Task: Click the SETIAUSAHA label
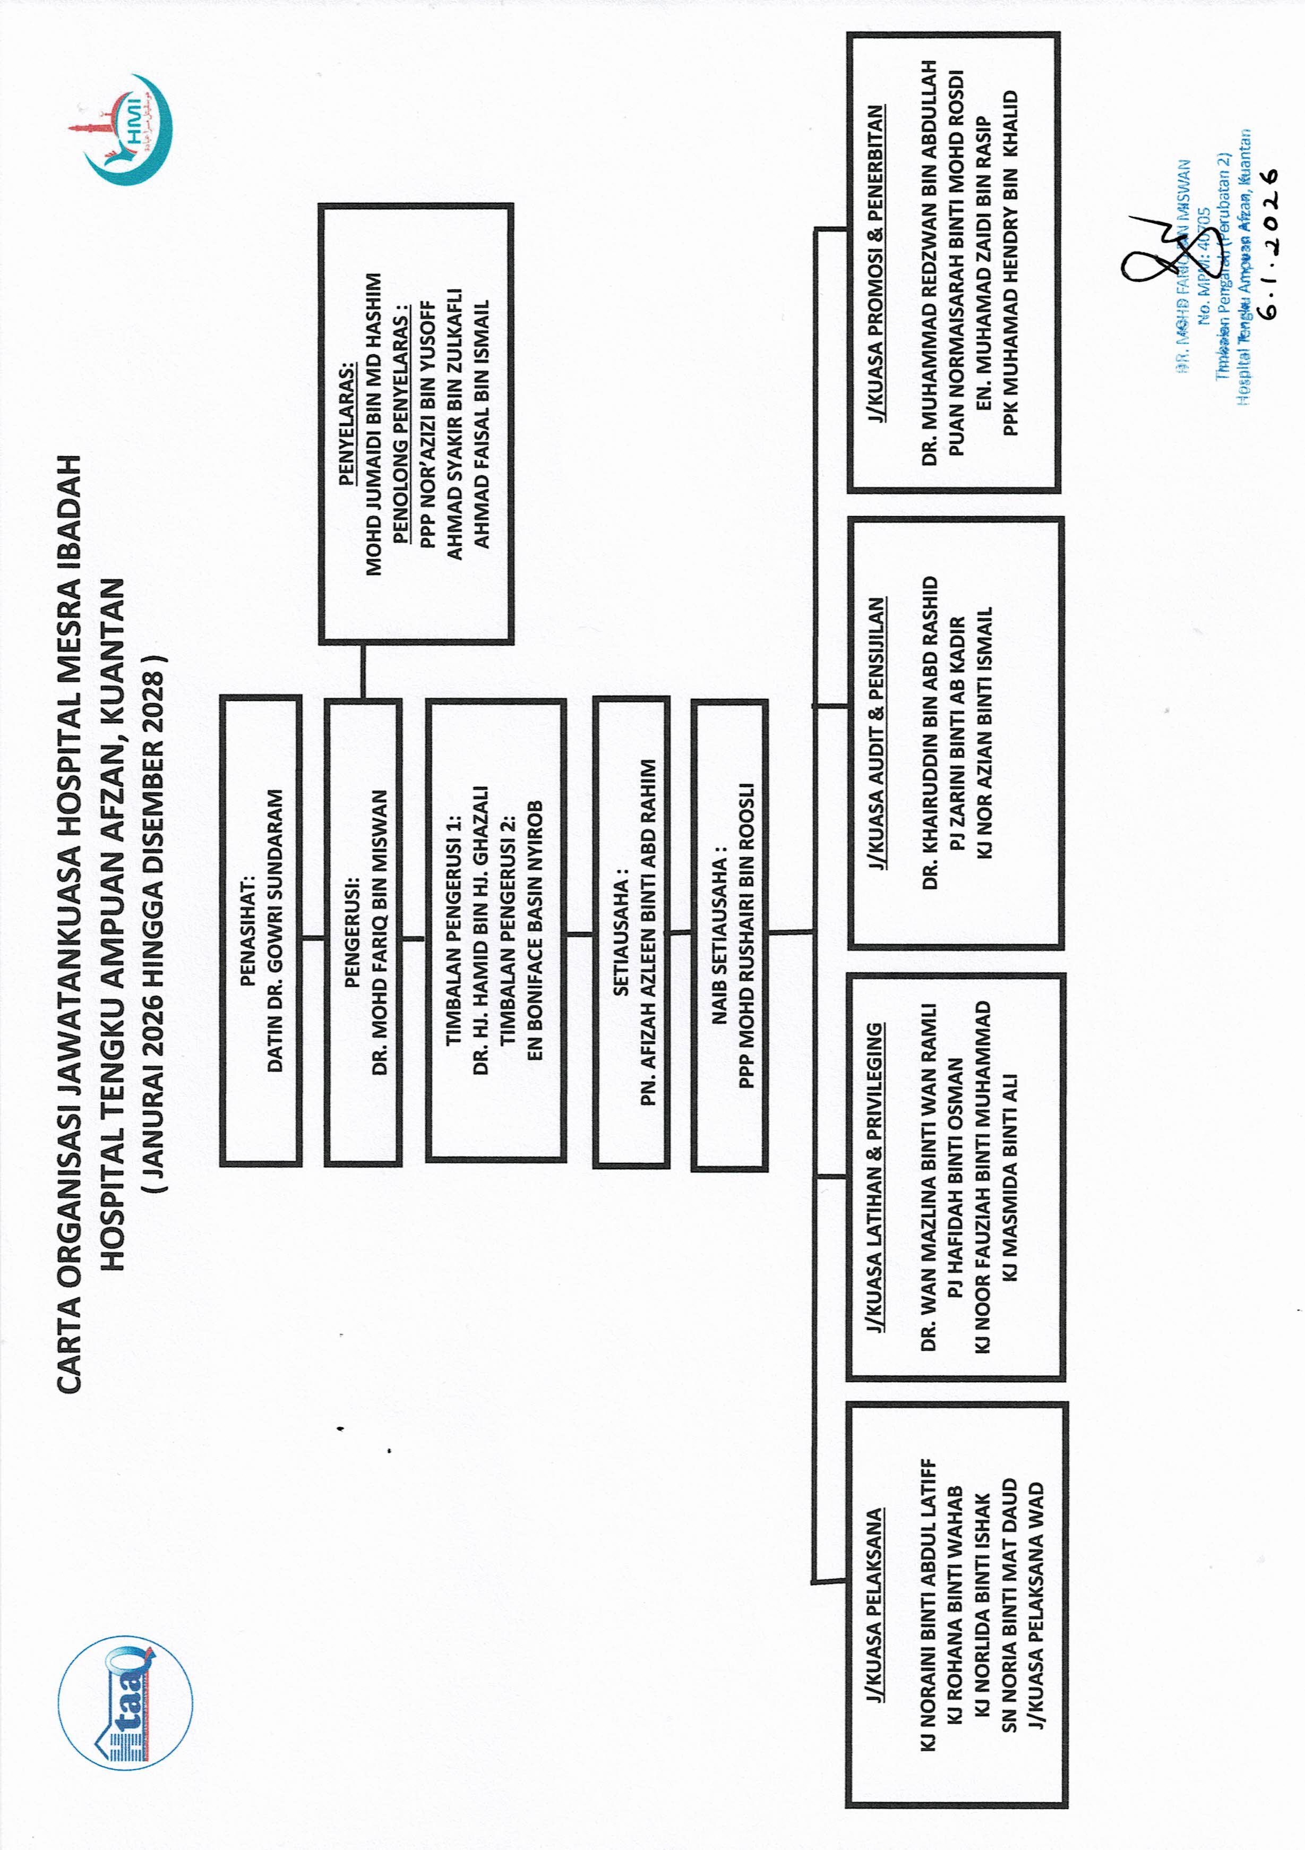[620, 932]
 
